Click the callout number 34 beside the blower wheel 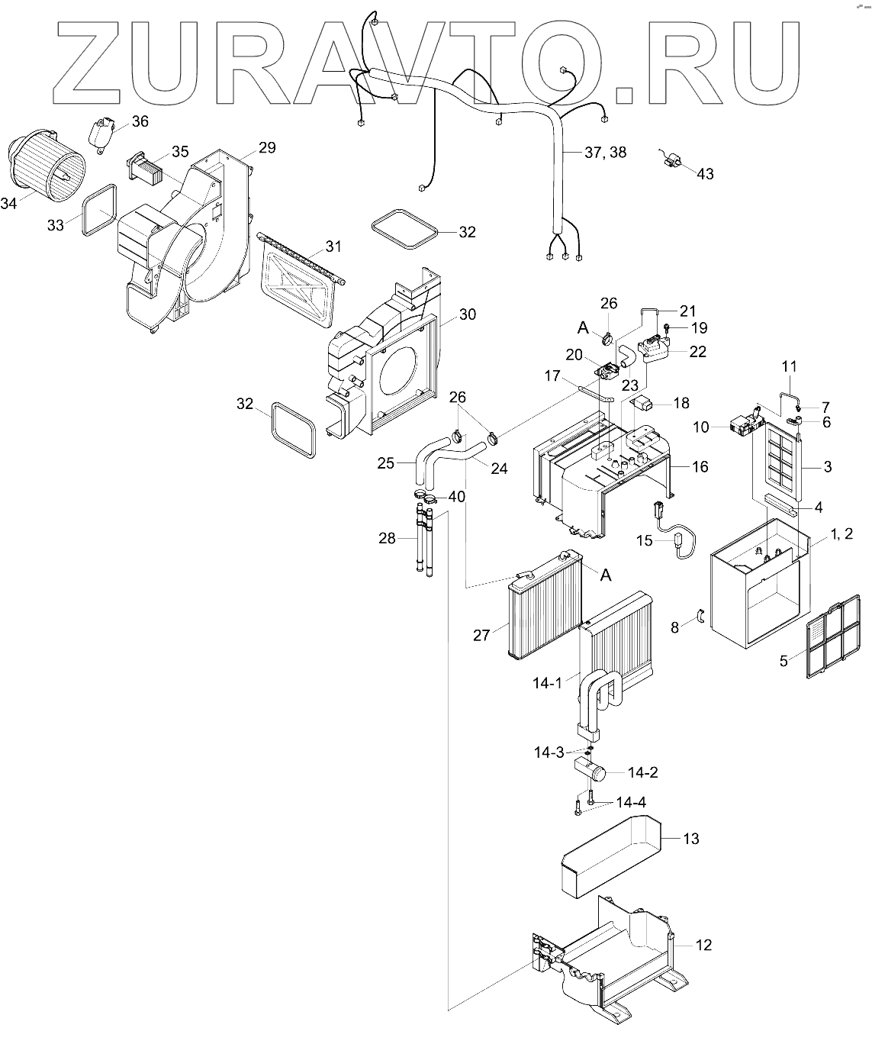[x=8, y=204]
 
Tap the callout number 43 [x=705, y=174]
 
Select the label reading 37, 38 [x=606, y=152]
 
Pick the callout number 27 [x=481, y=636]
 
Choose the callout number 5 [x=784, y=661]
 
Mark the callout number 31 [x=333, y=246]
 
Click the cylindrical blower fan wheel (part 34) [x=45, y=165]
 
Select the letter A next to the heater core [x=606, y=575]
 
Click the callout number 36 [x=140, y=121]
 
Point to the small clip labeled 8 [x=701, y=617]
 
